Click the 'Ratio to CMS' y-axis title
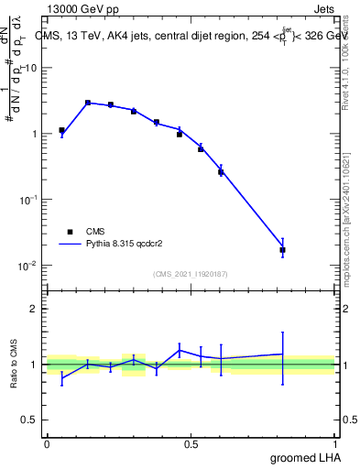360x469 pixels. (x=16, y=365)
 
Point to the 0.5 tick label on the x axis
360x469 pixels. (x=191, y=443)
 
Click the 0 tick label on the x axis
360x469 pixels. (x=47, y=443)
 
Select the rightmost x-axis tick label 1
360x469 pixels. (x=335, y=443)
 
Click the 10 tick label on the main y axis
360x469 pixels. (x=32, y=68)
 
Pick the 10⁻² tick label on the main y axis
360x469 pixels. (x=29, y=266)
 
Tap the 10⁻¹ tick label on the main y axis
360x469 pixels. (x=29, y=200)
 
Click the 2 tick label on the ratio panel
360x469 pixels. (x=34, y=309)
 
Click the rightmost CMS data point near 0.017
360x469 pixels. (x=282, y=249)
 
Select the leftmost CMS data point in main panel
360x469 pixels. (x=61, y=130)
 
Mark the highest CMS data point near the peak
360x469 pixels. (x=88, y=103)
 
